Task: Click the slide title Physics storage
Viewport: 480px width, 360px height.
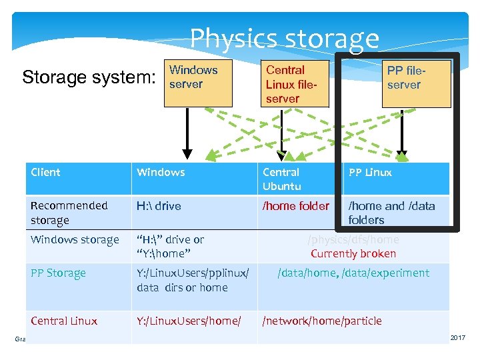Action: [x=284, y=39]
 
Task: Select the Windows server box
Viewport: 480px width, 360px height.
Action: [x=197, y=83]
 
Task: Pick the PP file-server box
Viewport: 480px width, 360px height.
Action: [x=417, y=83]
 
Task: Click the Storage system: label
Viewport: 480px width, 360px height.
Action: [x=88, y=77]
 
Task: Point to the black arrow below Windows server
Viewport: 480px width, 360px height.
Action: [x=189, y=133]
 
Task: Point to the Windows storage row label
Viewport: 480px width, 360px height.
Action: [x=75, y=239]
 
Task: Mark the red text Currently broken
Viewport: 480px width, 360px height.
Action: [x=353, y=253]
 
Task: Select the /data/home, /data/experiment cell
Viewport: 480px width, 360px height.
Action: [x=353, y=273]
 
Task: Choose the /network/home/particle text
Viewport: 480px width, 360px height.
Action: [x=322, y=321]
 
